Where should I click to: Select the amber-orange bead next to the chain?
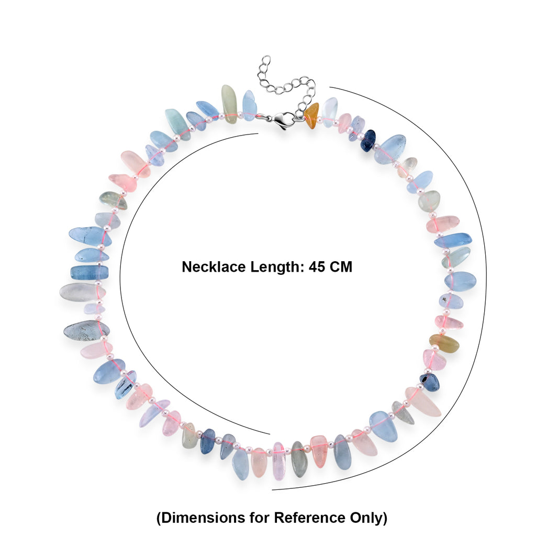311,116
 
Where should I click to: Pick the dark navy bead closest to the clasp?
368,140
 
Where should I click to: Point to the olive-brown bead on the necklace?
444,343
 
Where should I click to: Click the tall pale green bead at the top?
229,104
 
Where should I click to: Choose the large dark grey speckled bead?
86,331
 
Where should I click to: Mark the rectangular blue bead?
89,272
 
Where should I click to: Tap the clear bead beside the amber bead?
330,112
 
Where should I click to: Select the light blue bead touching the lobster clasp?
250,105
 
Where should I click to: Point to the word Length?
277,267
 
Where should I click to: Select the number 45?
317,267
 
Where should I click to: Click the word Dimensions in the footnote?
203,518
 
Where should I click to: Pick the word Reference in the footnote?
309,518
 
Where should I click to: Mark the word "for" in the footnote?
260,518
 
